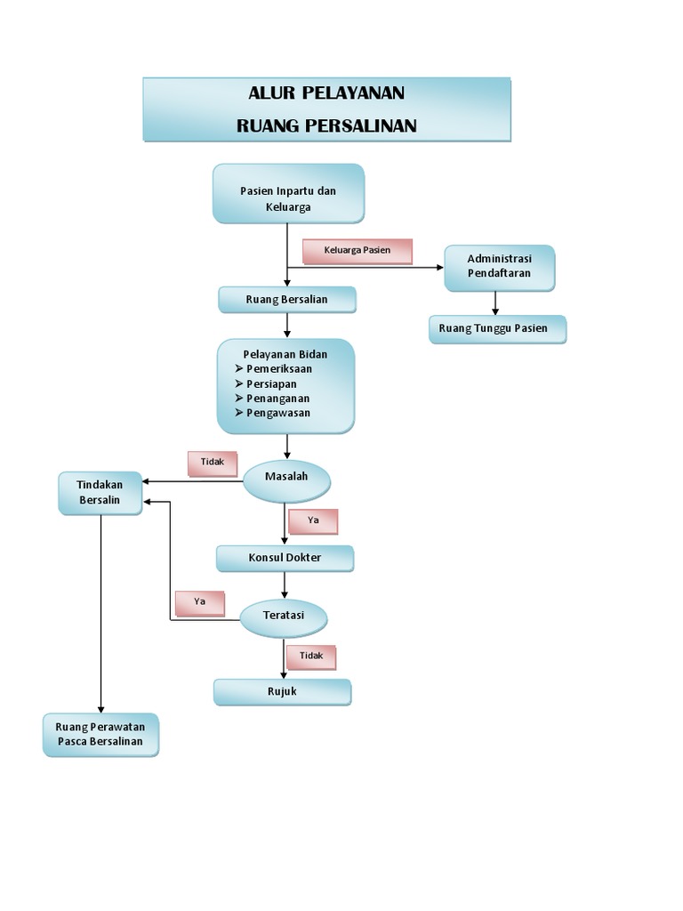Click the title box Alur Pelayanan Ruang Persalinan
[x=326, y=109]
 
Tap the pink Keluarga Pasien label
[x=358, y=251]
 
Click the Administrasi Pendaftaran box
[x=499, y=267]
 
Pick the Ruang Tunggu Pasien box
[x=497, y=328]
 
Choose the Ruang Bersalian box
[x=286, y=300]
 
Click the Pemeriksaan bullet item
[x=278, y=368]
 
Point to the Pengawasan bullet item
[x=277, y=414]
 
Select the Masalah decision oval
[x=286, y=478]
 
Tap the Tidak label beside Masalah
[x=212, y=463]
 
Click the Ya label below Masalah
[x=313, y=520]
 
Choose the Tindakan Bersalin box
[x=100, y=493]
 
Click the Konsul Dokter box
[x=285, y=558]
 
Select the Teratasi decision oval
[x=284, y=616]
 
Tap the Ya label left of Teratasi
[x=199, y=602]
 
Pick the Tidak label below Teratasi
[x=310, y=657]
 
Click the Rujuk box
[x=282, y=691]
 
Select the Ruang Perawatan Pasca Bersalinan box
[x=100, y=734]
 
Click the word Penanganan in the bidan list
[x=277, y=399]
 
